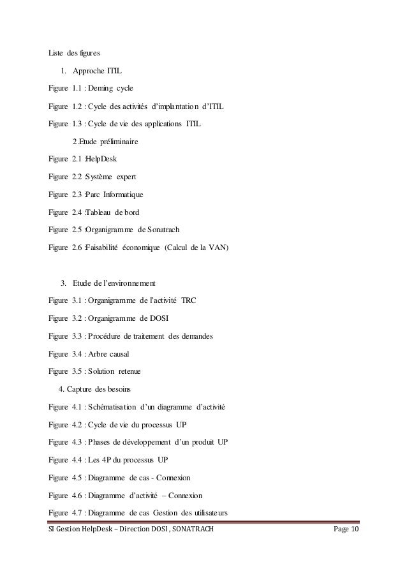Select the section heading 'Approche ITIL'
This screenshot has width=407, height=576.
pyautogui.click(x=97, y=70)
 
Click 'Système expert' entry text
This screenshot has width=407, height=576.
pyautogui.click(x=110, y=175)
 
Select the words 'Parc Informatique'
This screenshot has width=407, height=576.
pyautogui.click(x=114, y=193)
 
